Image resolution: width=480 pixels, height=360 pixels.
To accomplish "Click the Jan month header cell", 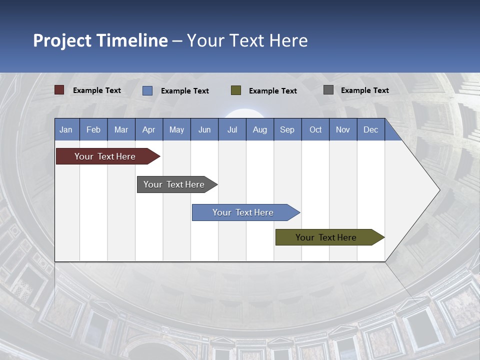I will click(x=66, y=129).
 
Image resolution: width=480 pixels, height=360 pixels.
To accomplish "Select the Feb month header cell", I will click(x=93, y=129).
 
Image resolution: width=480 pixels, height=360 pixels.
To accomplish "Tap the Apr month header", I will click(x=149, y=129).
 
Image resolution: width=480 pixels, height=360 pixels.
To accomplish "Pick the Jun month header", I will click(x=204, y=129).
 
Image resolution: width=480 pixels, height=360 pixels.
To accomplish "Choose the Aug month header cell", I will click(x=260, y=129).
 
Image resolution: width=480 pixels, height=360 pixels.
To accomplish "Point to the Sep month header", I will click(x=287, y=129).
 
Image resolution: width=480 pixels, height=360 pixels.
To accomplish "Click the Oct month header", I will click(x=315, y=129).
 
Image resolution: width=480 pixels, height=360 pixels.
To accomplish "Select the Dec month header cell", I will click(x=371, y=129).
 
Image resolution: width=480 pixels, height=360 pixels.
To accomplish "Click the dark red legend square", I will click(x=59, y=90).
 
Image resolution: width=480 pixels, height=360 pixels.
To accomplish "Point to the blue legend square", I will click(x=147, y=90).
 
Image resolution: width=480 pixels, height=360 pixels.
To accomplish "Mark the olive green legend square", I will click(x=236, y=90).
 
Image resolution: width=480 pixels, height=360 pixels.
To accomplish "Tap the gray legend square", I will click(x=328, y=90).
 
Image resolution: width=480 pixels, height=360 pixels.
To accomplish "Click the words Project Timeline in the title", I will click(x=100, y=40).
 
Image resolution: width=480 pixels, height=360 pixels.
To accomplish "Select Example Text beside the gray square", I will click(x=364, y=90).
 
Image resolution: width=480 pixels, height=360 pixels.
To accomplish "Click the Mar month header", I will click(x=121, y=129).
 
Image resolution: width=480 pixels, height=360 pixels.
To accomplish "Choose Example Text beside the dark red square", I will click(x=97, y=90).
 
